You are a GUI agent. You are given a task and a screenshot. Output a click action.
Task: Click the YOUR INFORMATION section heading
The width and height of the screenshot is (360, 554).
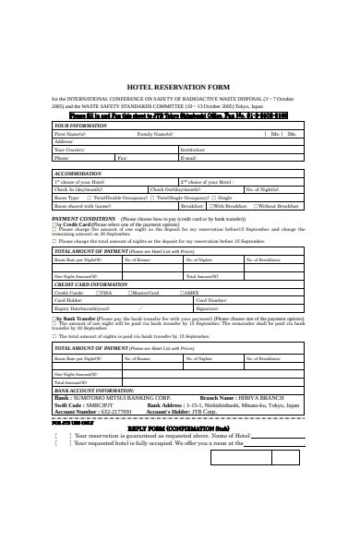click(77, 126)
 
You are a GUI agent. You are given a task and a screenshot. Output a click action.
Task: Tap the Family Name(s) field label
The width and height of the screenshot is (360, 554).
click(155, 134)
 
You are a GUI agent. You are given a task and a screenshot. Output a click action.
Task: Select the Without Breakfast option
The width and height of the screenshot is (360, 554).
click(278, 206)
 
